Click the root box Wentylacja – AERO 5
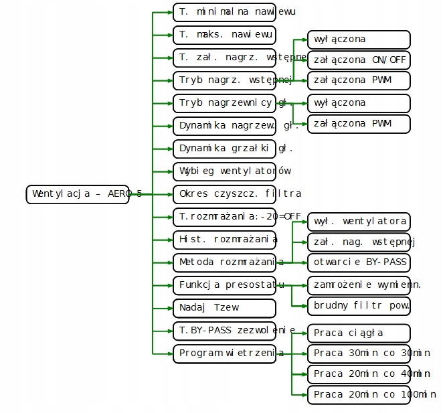pos(84,194)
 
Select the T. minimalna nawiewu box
pos(224,12)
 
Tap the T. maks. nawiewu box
pos(224,34)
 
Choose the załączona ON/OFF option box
pos(358,60)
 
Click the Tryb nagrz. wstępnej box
pos(224,80)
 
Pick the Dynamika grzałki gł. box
pos(224,148)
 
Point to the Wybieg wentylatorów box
pos(224,171)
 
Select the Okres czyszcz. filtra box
pos(224,194)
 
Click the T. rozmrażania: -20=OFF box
pos(224,216)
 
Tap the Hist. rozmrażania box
pos(224,239)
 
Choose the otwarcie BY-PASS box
pos(358,262)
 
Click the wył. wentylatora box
pos(358,220)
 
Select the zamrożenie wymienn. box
pos(358,284)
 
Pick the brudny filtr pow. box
pos(358,306)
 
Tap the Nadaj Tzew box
pos(224,308)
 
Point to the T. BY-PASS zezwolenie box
pos(224,330)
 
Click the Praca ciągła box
pos(358,333)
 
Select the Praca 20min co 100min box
pos(358,394)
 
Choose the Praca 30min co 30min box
pos(358,353)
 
